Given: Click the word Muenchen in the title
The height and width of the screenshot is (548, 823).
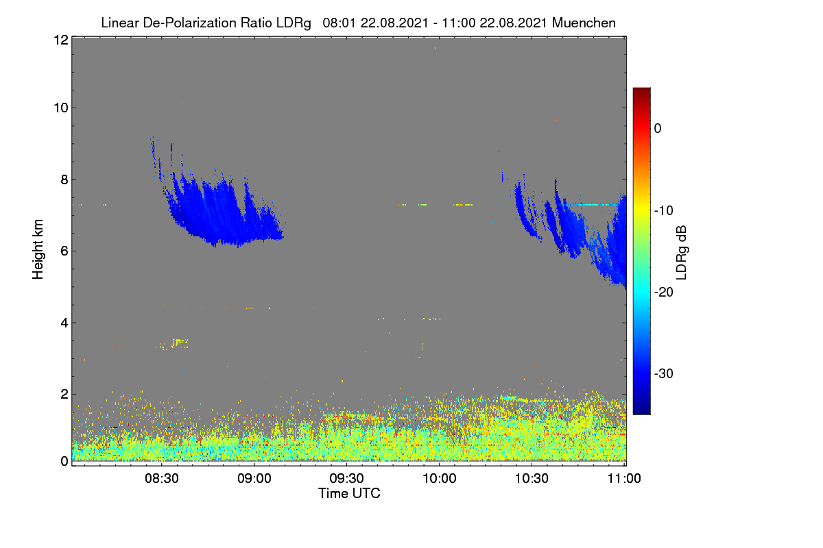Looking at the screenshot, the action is [x=584, y=23].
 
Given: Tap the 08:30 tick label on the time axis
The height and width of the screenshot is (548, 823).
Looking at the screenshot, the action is [x=162, y=478].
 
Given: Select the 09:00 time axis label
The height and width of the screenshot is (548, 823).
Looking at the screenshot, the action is [x=254, y=478].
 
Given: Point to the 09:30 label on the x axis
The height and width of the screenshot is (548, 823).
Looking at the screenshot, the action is [x=346, y=478].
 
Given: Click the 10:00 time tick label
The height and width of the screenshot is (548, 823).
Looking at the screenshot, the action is [x=440, y=478].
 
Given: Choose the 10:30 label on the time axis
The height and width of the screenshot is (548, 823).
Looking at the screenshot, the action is [x=532, y=478].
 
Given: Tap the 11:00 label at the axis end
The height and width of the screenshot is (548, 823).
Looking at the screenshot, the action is [x=624, y=478].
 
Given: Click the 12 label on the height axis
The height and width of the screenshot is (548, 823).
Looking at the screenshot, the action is [x=61, y=40].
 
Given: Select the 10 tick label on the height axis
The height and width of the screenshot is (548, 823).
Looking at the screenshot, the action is [x=61, y=108].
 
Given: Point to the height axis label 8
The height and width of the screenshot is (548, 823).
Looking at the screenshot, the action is [x=64, y=179].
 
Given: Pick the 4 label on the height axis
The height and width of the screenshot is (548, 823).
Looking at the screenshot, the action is [x=64, y=323].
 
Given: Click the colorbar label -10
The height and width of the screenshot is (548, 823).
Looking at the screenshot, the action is [x=664, y=211].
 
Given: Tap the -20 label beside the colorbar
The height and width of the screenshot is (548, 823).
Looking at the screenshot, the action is [x=664, y=292].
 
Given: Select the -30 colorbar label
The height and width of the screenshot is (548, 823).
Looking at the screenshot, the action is [x=664, y=373].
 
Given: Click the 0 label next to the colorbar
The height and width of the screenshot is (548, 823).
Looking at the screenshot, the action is [x=658, y=129].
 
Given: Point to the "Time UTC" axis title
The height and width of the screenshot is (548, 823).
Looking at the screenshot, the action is [x=349, y=493].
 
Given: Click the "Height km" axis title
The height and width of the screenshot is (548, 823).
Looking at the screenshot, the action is [x=38, y=249].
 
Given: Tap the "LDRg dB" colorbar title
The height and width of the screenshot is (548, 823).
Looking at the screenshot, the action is [x=682, y=253].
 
